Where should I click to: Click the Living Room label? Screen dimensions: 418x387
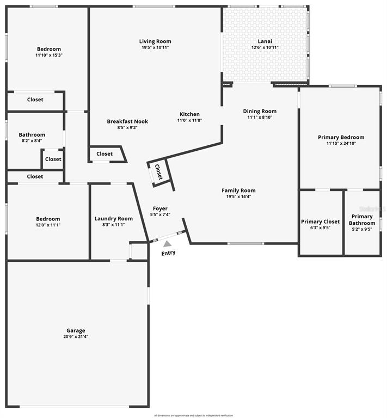[x=155, y=41]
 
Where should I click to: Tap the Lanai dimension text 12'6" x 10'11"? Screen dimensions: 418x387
[x=265, y=47]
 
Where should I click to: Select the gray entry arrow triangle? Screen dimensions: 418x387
[x=167, y=244]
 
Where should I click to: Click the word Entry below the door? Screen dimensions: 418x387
[x=169, y=253]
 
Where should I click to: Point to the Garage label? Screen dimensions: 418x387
[x=76, y=330]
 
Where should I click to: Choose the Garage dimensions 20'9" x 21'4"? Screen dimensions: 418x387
[x=76, y=337]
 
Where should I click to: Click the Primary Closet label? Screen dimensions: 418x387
[x=321, y=222]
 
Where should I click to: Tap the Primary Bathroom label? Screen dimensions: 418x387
[x=362, y=220]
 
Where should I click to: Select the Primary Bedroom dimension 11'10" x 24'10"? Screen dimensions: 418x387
[x=341, y=144]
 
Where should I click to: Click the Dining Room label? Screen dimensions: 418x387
[x=260, y=111]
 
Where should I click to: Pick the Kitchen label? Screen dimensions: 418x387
[x=189, y=114]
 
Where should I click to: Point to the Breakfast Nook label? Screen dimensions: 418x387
[x=127, y=121]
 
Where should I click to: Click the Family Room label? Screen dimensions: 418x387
[x=238, y=190]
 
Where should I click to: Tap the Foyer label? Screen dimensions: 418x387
[x=160, y=208]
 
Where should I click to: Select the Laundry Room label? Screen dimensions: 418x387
[x=113, y=219]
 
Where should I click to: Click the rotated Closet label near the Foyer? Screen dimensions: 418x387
[x=159, y=172]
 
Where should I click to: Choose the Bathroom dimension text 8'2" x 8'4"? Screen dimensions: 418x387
[x=32, y=141]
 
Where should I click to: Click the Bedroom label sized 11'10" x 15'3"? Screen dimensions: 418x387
[x=49, y=49]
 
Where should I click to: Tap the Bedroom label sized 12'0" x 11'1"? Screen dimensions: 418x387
[x=48, y=219]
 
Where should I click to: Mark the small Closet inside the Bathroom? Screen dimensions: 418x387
[x=53, y=159]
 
